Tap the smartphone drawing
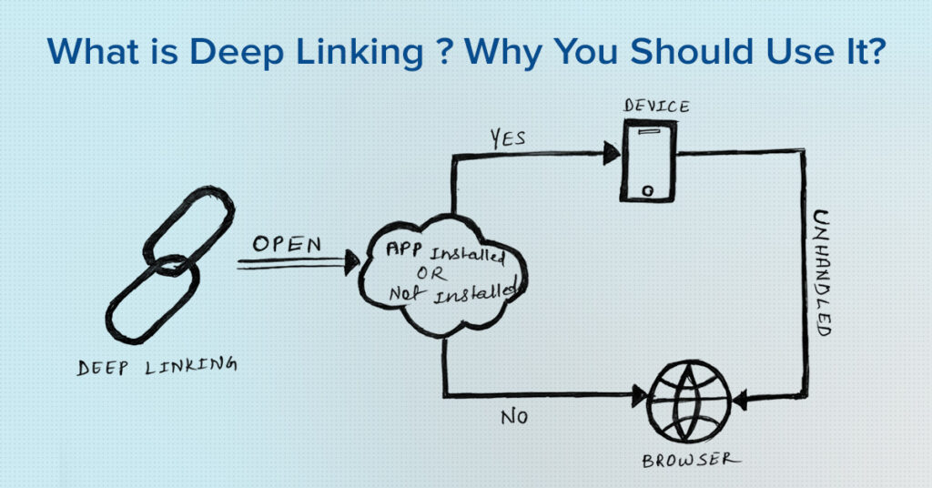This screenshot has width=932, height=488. pyautogui.click(x=648, y=161)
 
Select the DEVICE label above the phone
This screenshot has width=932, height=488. pyautogui.click(x=655, y=107)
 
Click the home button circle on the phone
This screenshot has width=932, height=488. pyautogui.click(x=647, y=190)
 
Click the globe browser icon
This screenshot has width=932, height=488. pyautogui.click(x=687, y=401)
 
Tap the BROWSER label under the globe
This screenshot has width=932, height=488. pyautogui.click(x=687, y=461)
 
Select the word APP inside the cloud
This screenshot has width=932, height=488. pyautogui.click(x=401, y=249)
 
